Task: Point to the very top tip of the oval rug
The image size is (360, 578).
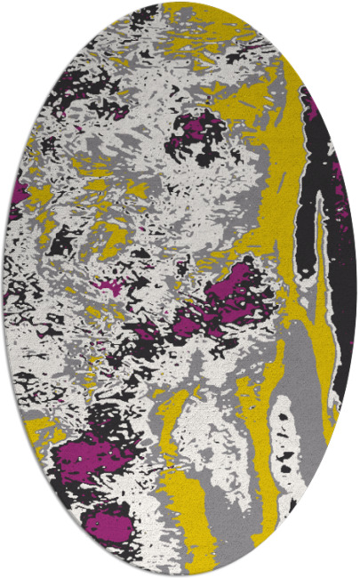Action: (180, 2)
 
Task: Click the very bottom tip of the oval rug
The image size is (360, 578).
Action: (180, 576)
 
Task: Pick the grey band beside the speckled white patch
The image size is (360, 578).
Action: (253, 462)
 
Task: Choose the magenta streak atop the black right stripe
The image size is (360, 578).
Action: (311, 107)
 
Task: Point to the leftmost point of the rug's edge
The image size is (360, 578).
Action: (3, 289)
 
